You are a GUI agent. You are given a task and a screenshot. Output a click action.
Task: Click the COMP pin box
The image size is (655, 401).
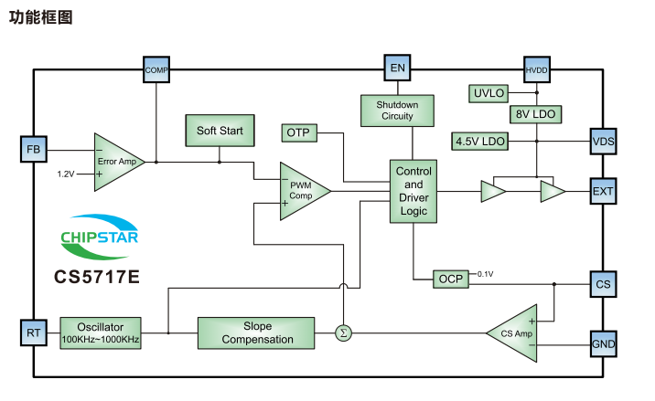(x=157, y=69)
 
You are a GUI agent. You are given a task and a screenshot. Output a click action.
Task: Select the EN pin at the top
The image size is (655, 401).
(x=397, y=69)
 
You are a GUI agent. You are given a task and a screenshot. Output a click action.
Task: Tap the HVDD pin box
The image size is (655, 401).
(x=535, y=69)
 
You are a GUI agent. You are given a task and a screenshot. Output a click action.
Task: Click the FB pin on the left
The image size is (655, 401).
(x=33, y=149)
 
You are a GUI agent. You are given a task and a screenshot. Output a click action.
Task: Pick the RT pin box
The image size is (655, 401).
(x=33, y=333)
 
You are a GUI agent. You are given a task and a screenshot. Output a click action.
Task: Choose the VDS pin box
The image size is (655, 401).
(x=604, y=142)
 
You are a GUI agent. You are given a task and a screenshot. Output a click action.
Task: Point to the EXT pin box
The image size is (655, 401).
(x=604, y=192)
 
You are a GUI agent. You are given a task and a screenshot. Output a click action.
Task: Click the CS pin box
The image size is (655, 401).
(x=604, y=285)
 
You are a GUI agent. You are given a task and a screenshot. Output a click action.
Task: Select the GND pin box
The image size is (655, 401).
(x=604, y=344)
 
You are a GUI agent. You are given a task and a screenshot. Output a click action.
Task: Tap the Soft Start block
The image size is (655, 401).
(x=220, y=131)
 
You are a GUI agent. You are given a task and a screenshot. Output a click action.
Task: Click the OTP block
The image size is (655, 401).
(x=298, y=133)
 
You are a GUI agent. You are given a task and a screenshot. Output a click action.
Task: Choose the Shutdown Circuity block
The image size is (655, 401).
(x=397, y=111)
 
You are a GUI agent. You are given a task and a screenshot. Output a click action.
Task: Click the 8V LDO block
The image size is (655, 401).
(x=535, y=115)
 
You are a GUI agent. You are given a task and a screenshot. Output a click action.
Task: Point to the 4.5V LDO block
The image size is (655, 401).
(x=480, y=141)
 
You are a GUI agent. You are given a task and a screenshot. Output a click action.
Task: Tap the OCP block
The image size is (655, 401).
(x=451, y=279)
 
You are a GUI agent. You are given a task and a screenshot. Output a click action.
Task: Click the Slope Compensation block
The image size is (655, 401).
(x=257, y=332)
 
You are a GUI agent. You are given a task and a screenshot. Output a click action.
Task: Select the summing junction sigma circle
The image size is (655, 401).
(x=343, y=332)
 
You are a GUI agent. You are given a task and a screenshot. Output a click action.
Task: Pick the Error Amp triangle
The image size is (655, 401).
(x=116, y=162)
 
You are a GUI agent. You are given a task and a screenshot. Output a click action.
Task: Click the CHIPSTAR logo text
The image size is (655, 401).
(x=101, y=239)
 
